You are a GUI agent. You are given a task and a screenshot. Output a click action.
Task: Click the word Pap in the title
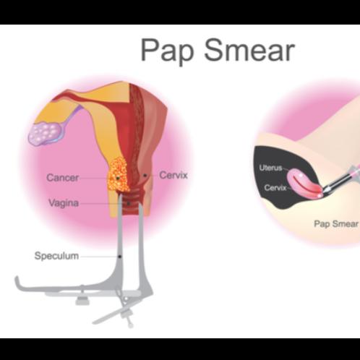[x=167, y=50]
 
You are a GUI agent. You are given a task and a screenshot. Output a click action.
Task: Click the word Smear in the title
[x=249, y=49]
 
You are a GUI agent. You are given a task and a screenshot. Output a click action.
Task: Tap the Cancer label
[x=63, y=178]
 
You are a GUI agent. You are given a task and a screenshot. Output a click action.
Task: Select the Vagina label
[x=64, y=203]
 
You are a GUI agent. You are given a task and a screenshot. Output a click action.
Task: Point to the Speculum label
[x=56, y=256]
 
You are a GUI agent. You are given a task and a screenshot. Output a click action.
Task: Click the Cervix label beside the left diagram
[x=173, y=175]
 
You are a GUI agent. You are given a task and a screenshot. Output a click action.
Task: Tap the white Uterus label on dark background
[x=270, y=168]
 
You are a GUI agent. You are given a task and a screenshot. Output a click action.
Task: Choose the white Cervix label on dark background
[x=275, y=187]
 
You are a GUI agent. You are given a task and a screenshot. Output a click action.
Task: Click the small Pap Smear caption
[x=336, y=224]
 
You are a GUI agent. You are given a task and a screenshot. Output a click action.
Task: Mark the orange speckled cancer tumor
[x=118, y=174]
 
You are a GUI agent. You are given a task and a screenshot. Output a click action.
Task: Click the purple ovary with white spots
[x=46, y=132]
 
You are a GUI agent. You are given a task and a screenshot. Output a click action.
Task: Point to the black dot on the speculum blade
[x=119, y=257]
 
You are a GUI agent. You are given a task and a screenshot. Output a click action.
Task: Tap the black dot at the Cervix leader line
[x=145, y=175]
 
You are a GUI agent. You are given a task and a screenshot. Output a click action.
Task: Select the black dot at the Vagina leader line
[x=129, y=204]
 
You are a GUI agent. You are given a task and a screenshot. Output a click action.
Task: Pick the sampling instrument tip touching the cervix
[x=325, y=191]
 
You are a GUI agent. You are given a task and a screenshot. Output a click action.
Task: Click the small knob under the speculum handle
[x=82, y=300]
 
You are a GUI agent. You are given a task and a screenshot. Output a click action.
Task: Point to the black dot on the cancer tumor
[x=118, y=178]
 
